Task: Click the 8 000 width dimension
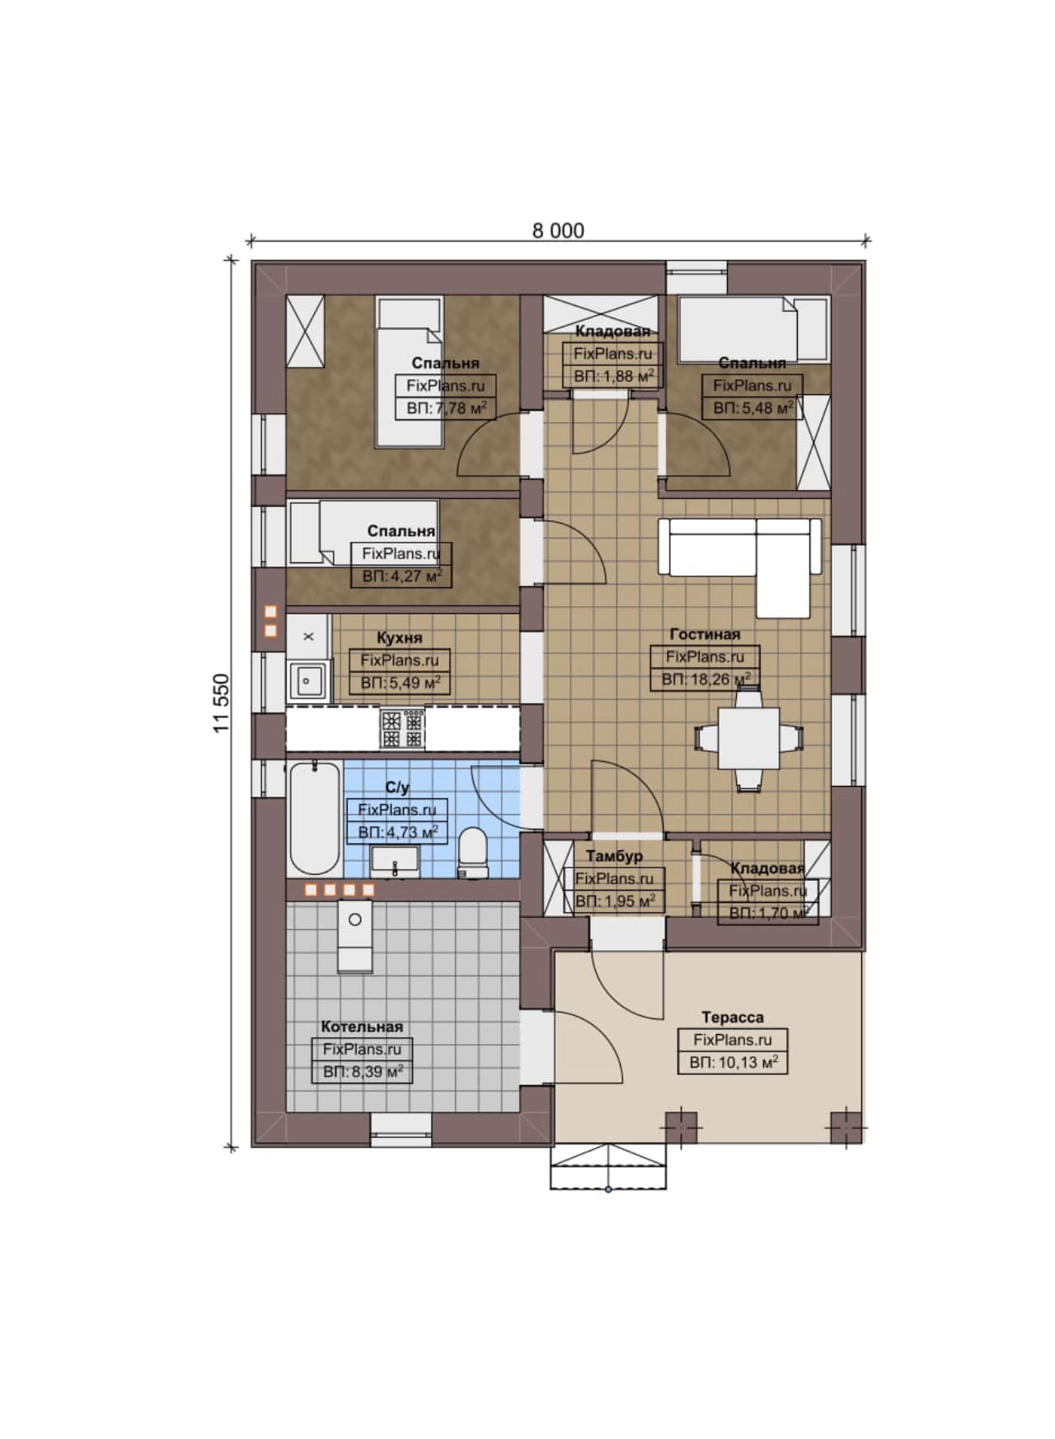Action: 558,230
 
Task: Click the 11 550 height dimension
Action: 221,703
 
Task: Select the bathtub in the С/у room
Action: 314,819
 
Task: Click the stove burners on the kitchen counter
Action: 402,729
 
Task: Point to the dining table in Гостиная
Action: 749,738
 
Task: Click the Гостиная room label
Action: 705,634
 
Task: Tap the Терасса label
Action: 733,1017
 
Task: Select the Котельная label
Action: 362,1027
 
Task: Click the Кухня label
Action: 399,637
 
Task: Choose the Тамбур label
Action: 614,856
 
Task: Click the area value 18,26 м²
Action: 706,680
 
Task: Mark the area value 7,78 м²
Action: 446,407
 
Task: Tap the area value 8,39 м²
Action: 363,1071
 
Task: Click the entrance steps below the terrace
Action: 608,1166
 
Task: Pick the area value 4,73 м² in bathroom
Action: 397,832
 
